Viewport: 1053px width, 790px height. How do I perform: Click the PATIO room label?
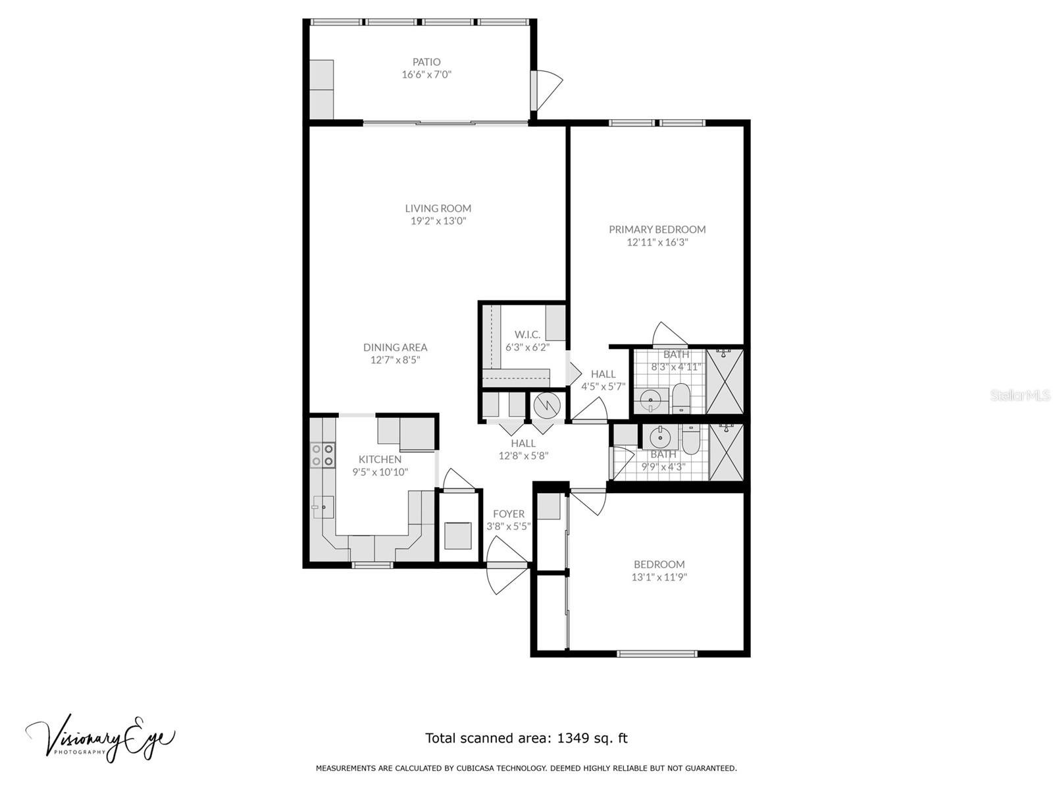pos(426,62)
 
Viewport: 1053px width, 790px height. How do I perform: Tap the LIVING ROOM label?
pos(438,208)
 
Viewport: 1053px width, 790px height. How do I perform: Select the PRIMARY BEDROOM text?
pos(657,229)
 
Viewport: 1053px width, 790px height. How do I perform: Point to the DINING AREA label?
pos(395,348)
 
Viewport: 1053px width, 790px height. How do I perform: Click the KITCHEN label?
pos(380,459)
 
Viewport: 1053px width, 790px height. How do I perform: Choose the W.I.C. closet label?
pos(527,334)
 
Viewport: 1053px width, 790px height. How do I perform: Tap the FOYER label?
pos(509,513)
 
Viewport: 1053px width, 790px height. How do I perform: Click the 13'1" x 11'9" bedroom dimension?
pos(659,577)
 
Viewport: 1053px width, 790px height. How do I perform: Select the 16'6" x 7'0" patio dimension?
pos(426,74)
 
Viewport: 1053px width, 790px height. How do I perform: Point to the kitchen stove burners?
pos(322,455)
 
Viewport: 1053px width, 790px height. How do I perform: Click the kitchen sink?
pos(323,507)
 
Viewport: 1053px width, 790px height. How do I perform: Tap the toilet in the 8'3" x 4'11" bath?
pos(681,398)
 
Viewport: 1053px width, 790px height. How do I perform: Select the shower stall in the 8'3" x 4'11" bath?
pos(725,381)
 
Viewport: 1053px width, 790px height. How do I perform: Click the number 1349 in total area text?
pos(573,738)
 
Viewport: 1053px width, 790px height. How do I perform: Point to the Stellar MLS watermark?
pos(1019,395)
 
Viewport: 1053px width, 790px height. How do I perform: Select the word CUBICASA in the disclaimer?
pos(475,768)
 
